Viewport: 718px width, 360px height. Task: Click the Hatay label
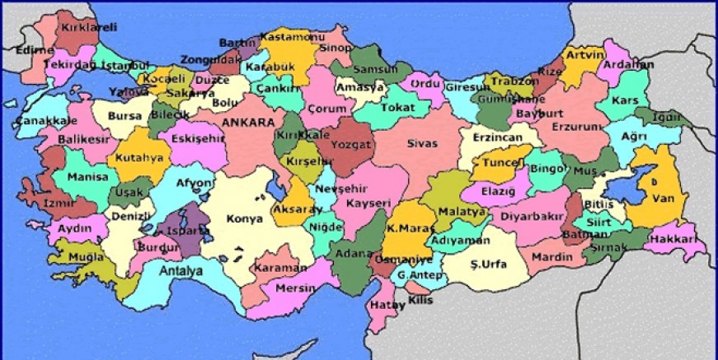click(x=382, y=305)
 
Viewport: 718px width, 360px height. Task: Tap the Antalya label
click(x=181, y=270)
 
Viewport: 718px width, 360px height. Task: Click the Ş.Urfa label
click(x=488, y=264)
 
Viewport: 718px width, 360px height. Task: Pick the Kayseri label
click(x=368, y=203)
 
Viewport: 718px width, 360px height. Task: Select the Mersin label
click(x=296, y=288)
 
